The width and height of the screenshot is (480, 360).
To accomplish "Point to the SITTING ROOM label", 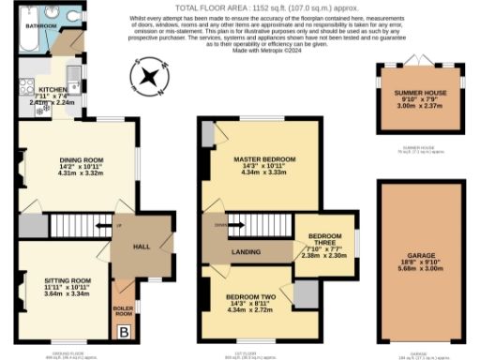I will click(67, 279).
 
